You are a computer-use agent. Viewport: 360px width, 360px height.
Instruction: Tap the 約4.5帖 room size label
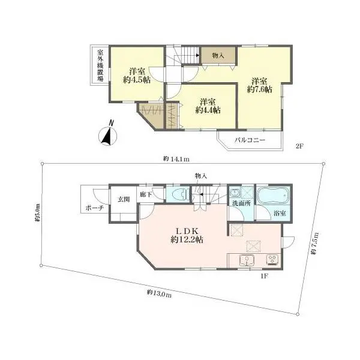click(137, 80)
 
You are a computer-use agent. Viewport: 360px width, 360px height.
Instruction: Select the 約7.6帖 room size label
click(259, 89)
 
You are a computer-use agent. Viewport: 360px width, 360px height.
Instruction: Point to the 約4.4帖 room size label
click(208, 110)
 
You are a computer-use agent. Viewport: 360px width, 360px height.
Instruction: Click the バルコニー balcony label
click(250, 140)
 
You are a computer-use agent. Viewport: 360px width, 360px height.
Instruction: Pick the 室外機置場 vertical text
click(100, 65)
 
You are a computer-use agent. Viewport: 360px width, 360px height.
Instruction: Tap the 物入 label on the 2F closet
click(218, 55)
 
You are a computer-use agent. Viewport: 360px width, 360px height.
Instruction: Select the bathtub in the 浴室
click(273, 196)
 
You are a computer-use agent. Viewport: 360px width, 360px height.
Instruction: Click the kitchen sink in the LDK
click(247, 260)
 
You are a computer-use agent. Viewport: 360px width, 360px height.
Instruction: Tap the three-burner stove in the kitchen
click(272, 260)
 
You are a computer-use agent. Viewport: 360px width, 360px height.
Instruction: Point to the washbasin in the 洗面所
click(235, 193)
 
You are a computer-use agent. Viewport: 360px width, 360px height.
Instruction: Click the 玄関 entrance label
click(124, 199)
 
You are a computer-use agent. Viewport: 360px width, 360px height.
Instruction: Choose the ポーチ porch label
click(95, 208)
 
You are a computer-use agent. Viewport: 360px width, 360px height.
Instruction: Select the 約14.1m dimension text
click(176, 158)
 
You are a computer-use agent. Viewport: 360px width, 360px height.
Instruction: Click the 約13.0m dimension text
click(159, 293)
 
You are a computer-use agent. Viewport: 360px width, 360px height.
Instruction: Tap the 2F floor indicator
click(299, 146)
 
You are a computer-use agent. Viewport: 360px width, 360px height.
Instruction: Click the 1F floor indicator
click(264, 276)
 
